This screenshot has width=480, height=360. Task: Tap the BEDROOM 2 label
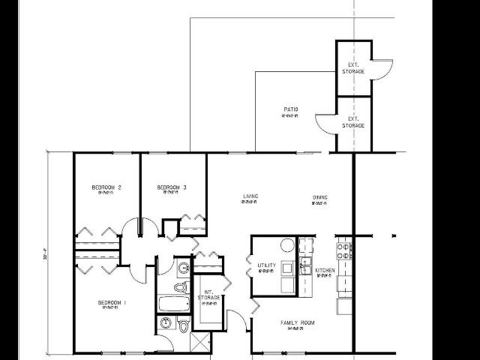(106, 187)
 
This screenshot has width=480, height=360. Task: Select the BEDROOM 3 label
(172, 187)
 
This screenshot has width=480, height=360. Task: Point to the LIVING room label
(250, 197)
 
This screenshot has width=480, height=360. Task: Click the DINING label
(320, 198)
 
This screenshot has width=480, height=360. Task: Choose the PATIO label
(291, 110)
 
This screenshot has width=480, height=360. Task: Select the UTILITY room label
(267, 265)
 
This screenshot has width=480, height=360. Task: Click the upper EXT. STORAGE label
(353, 68)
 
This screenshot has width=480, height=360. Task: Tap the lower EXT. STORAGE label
(353, 122)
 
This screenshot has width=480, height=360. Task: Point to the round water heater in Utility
(286, 245)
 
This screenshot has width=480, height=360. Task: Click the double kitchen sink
(306, 265)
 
